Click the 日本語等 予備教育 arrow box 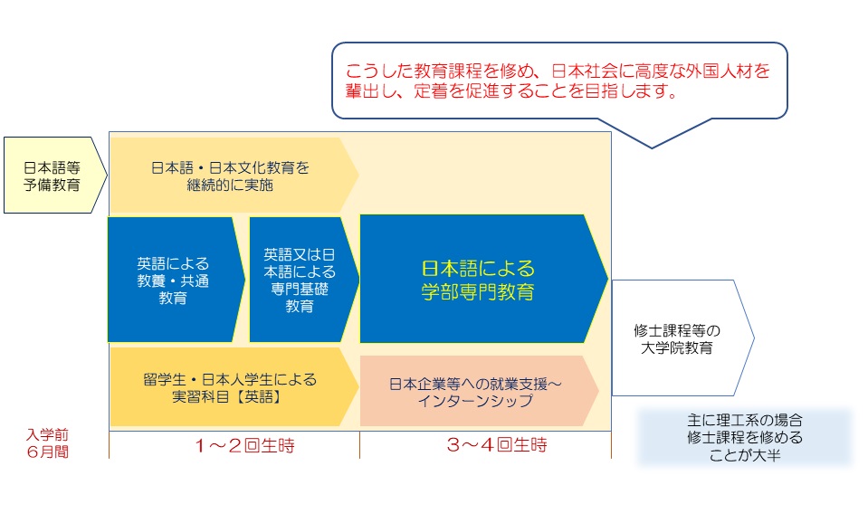[54, 175]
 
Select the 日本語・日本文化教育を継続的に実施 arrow [234, 176]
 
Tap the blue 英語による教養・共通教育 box [175, 280]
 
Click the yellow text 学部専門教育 [477, 291]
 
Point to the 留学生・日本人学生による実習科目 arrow [234, 387]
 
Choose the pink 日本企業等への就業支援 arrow [479, 391]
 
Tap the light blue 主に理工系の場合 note [745, 437]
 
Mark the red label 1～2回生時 [244, 445]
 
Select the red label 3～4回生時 [497, 444]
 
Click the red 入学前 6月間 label [48, 443]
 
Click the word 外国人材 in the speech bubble [720, 71]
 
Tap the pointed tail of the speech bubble [652, 147]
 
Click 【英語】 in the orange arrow [259, 397]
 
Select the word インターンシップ [475, 401]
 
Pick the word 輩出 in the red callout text [362, 90]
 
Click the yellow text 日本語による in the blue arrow [478, 269]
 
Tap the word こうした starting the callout [379, 71]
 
